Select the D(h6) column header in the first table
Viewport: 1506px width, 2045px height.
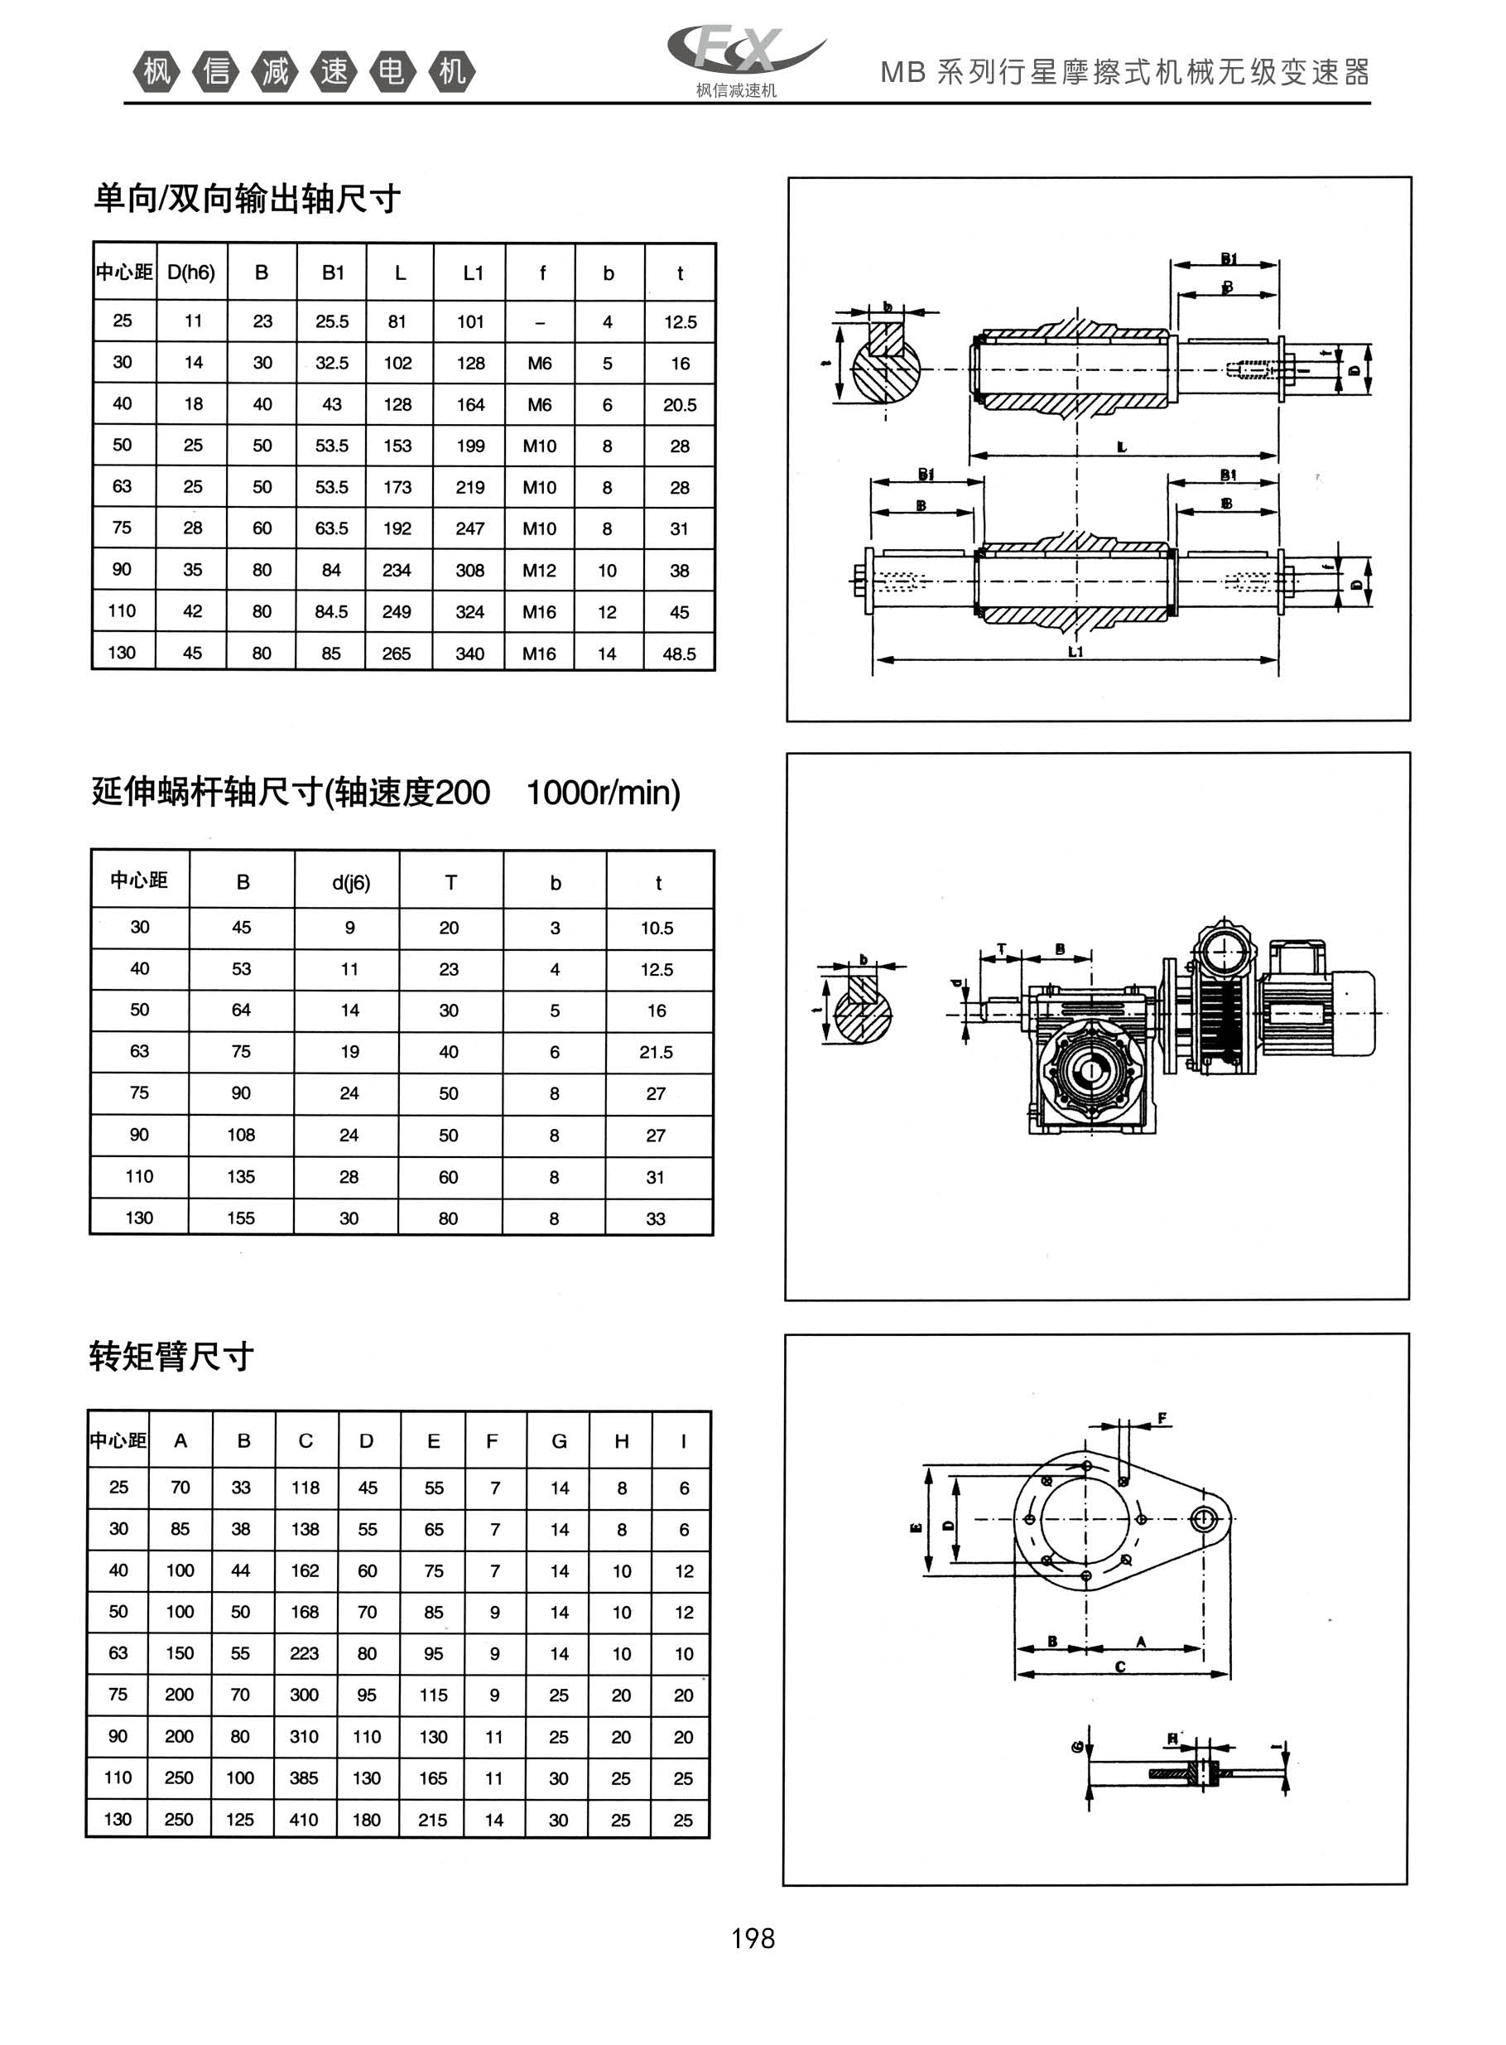pos(191,273)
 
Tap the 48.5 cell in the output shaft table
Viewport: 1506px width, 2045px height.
pos(679,654)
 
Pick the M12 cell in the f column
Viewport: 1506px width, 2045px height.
pos(540,571)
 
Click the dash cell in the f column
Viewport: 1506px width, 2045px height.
pos(540,322)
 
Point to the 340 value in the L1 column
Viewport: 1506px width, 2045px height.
pos(469,654)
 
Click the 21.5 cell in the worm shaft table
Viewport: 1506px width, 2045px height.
pos(657,1052)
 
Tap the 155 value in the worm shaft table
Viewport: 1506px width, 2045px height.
pos(241,1218)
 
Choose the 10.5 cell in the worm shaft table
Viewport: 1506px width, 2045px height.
pos(657,928)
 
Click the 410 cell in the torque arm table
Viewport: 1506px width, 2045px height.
pos(304,1820)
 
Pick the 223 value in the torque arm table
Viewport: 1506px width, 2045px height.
pos(304,1653)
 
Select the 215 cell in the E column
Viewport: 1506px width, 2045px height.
pos(433,1820)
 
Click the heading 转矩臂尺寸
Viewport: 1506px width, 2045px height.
pos(171,1357)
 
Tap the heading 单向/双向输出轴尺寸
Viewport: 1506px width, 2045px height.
pos(247,198)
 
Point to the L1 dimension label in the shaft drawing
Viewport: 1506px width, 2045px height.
pos(1075,652)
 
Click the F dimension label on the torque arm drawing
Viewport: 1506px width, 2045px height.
pos(1162,1419)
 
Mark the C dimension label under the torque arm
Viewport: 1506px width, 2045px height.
pos(1120,1666)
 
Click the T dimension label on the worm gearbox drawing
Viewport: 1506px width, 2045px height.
pos(1002,949)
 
